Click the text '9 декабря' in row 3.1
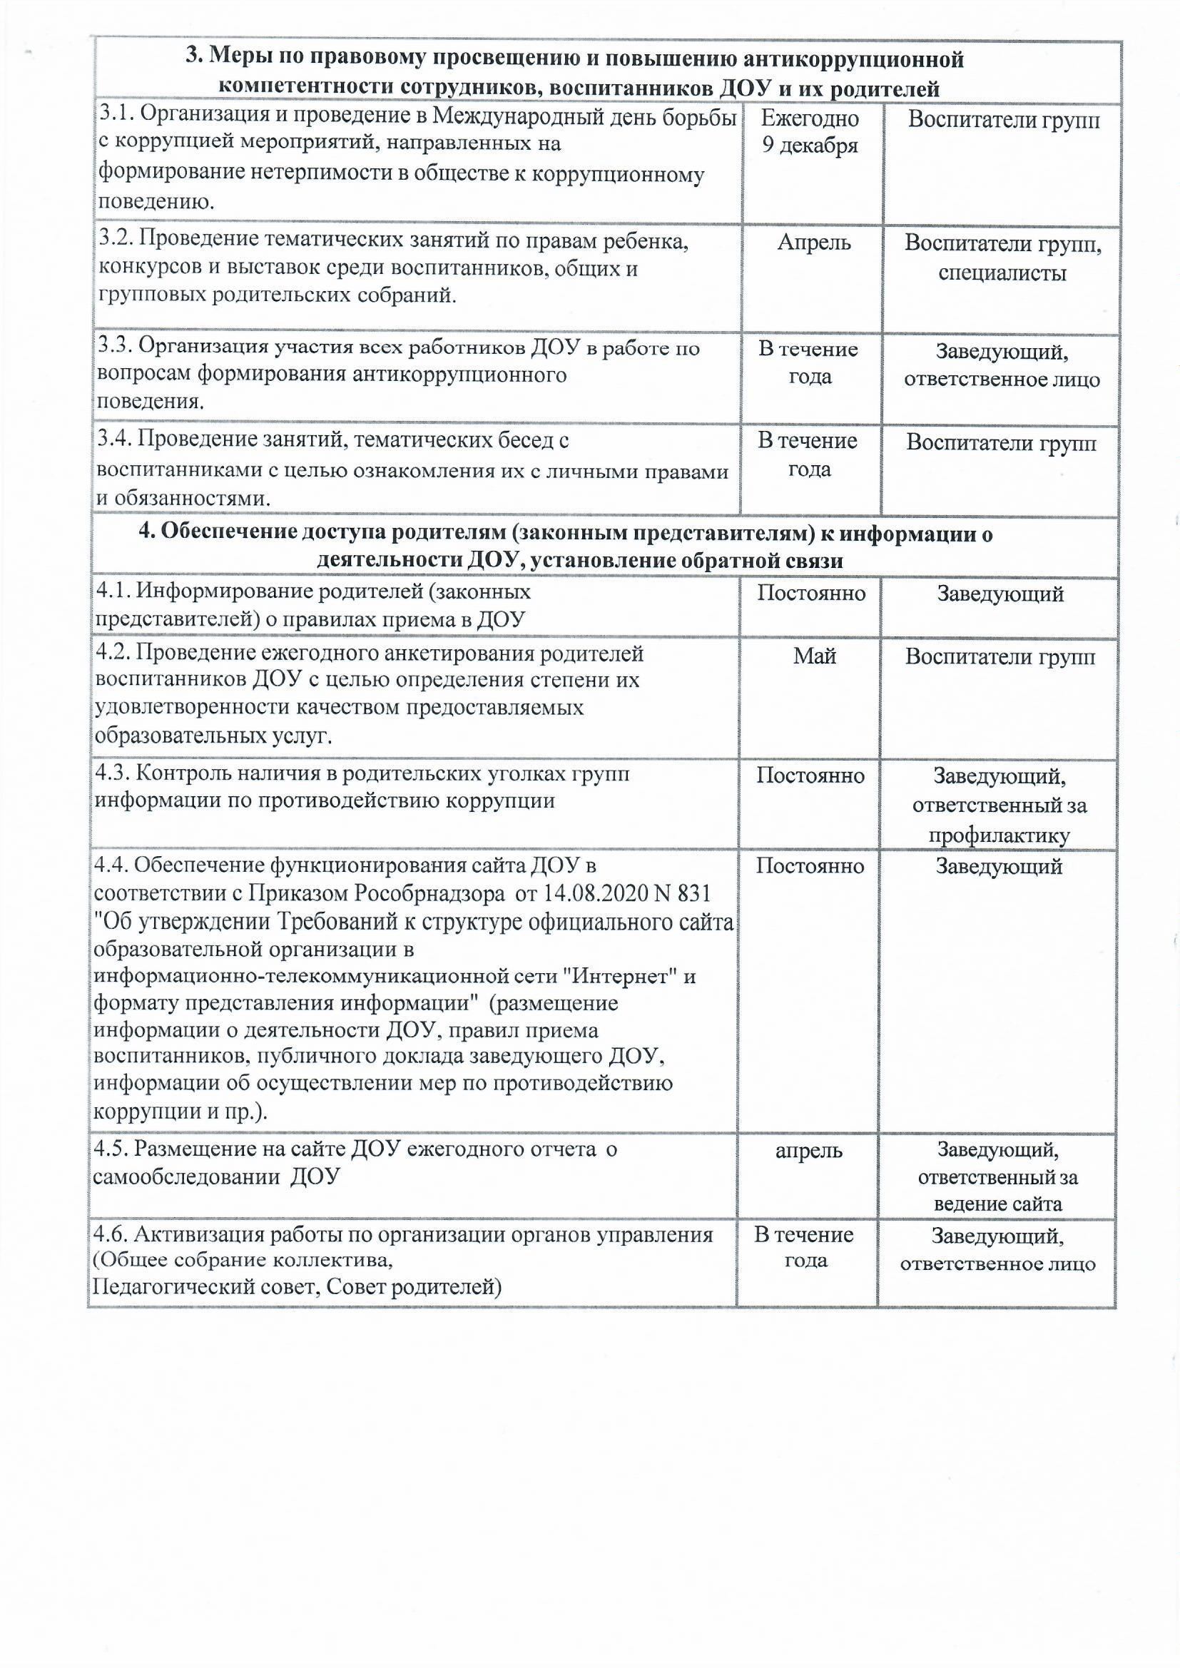pyautogui.click(x=810, y=146)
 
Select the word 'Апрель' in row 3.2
pyautogui.click(x=814, y=243)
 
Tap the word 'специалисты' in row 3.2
pyautogui.click(x=1002, y=273)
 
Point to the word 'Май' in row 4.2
pyautogui.click(x=814, y=656)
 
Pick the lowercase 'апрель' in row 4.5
pyautogui.click(x=809, y=1151)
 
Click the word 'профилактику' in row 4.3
pyautogui.click(x=999, y=836)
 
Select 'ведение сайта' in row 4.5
pyautogui.click(x=997, y=1204)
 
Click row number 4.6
pyautogui.click(x=111, y=1234)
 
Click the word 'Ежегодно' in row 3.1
pyautogui.click(x=810, y=118)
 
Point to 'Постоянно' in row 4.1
pyautogui.click(x=811, y=593)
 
